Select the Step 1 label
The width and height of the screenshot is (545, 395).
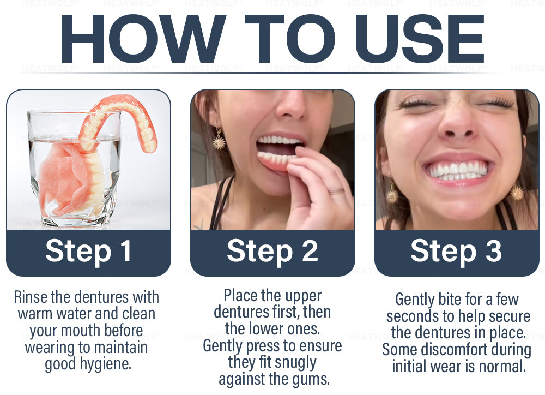point(89,252)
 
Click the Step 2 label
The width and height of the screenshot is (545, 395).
point(272,252)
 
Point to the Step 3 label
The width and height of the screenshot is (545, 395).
point(456,252)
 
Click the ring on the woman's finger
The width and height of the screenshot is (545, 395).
point(336,191)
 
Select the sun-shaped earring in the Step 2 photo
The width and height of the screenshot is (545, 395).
point(219,139)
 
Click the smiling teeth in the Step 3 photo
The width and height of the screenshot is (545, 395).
point(457,171)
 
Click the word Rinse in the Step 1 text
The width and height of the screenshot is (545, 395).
point(31,297)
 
